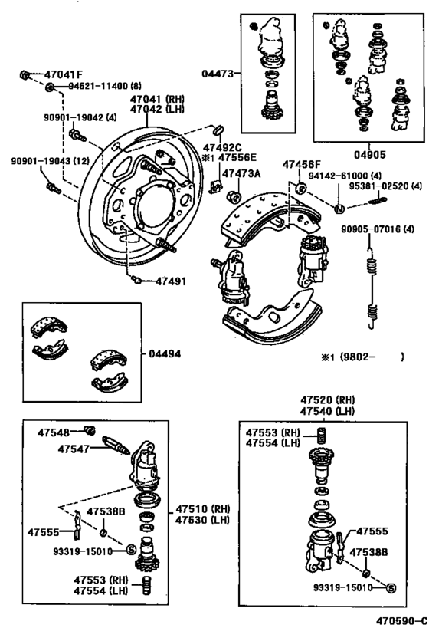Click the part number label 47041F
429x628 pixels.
coord(64,74)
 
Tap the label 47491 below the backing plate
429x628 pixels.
coord(171,281)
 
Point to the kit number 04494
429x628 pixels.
coord(165,354)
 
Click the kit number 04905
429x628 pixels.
coord(369,155)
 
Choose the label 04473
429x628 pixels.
coord(218,74)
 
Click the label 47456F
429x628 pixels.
coord(302,165)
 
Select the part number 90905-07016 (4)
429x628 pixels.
coord(378,229)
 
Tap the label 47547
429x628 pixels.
coord(74,449)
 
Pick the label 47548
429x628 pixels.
coord(53,432)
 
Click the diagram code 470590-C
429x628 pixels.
coord(401,620)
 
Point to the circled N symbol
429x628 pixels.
coord(339,209)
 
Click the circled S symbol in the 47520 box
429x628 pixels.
coord(391,588)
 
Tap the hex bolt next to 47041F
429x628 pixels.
coord(24,75)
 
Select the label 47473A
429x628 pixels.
coord(241,173)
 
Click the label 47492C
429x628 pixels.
coord(222,147)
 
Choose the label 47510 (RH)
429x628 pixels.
coord(203,509)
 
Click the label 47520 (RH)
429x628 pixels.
coord(327,400)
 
